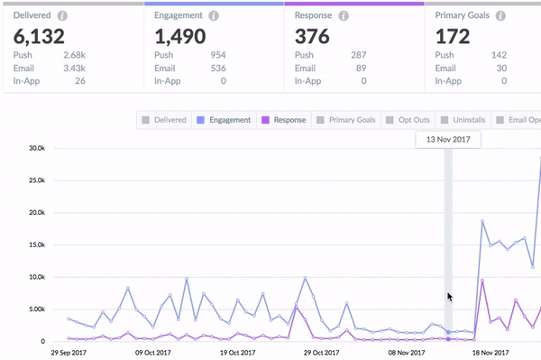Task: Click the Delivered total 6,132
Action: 39,36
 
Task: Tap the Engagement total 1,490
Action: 180,36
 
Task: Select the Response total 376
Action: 312,36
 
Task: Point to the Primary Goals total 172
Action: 453,36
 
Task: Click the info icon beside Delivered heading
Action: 62,15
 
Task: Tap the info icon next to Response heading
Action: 344,15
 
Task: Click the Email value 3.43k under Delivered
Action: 74,69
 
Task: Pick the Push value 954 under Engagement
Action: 218,55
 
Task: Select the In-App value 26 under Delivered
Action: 80,81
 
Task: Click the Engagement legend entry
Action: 224,120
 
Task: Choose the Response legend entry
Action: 284,120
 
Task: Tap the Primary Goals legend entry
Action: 345,120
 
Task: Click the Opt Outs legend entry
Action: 408,120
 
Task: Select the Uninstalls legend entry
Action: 463,120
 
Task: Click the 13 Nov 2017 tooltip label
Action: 448,140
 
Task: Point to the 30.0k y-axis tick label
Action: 37,148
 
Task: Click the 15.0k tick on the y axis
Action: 37,245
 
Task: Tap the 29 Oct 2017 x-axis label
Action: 321,353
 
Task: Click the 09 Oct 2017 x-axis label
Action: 153,353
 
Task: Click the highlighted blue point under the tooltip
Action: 448,332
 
